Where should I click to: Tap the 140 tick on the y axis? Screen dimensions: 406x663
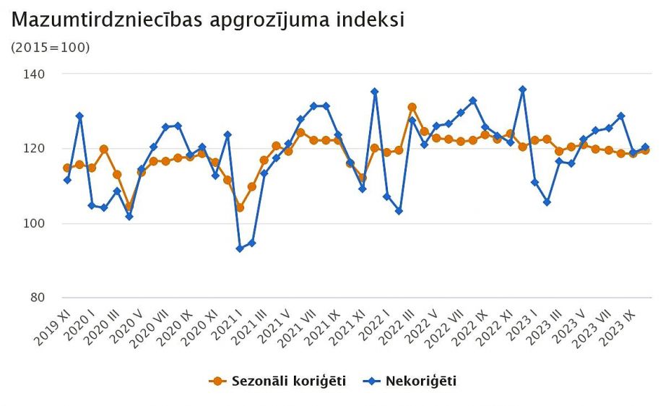(x=35, y=74)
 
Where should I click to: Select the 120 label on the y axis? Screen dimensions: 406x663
(x=35, y=149)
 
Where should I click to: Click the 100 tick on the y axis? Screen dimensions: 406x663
(x=35, y=223)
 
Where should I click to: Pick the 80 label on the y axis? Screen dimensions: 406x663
(x=38, y=298)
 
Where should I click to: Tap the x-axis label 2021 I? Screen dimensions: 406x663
(x=225, y=323)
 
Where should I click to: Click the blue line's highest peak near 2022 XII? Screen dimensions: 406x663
(x=522, y=90)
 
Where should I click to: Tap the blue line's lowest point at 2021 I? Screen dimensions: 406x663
(x=240, y=249)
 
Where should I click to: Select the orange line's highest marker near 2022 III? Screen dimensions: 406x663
(x=412, y=107)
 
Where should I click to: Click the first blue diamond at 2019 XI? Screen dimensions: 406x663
(x=67, y=179)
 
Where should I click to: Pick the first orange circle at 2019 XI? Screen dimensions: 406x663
(x=67, y=168)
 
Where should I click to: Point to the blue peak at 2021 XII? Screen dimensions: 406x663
(x=375, y=92)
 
